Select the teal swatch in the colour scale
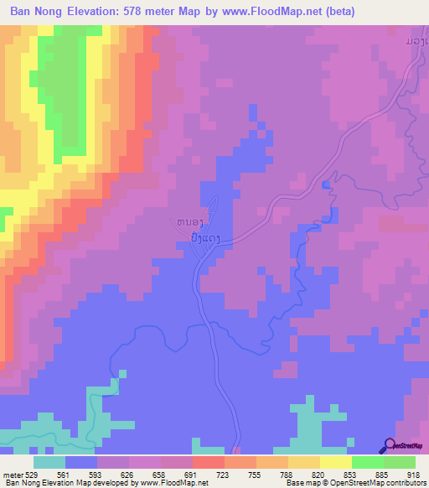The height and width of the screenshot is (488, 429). (49, 462)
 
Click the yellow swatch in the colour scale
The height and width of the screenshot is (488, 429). (336, 462)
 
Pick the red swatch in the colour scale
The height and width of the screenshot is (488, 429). (209, 462)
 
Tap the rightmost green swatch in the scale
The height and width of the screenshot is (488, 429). (400, 462)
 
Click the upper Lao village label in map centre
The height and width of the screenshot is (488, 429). (190, 221)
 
